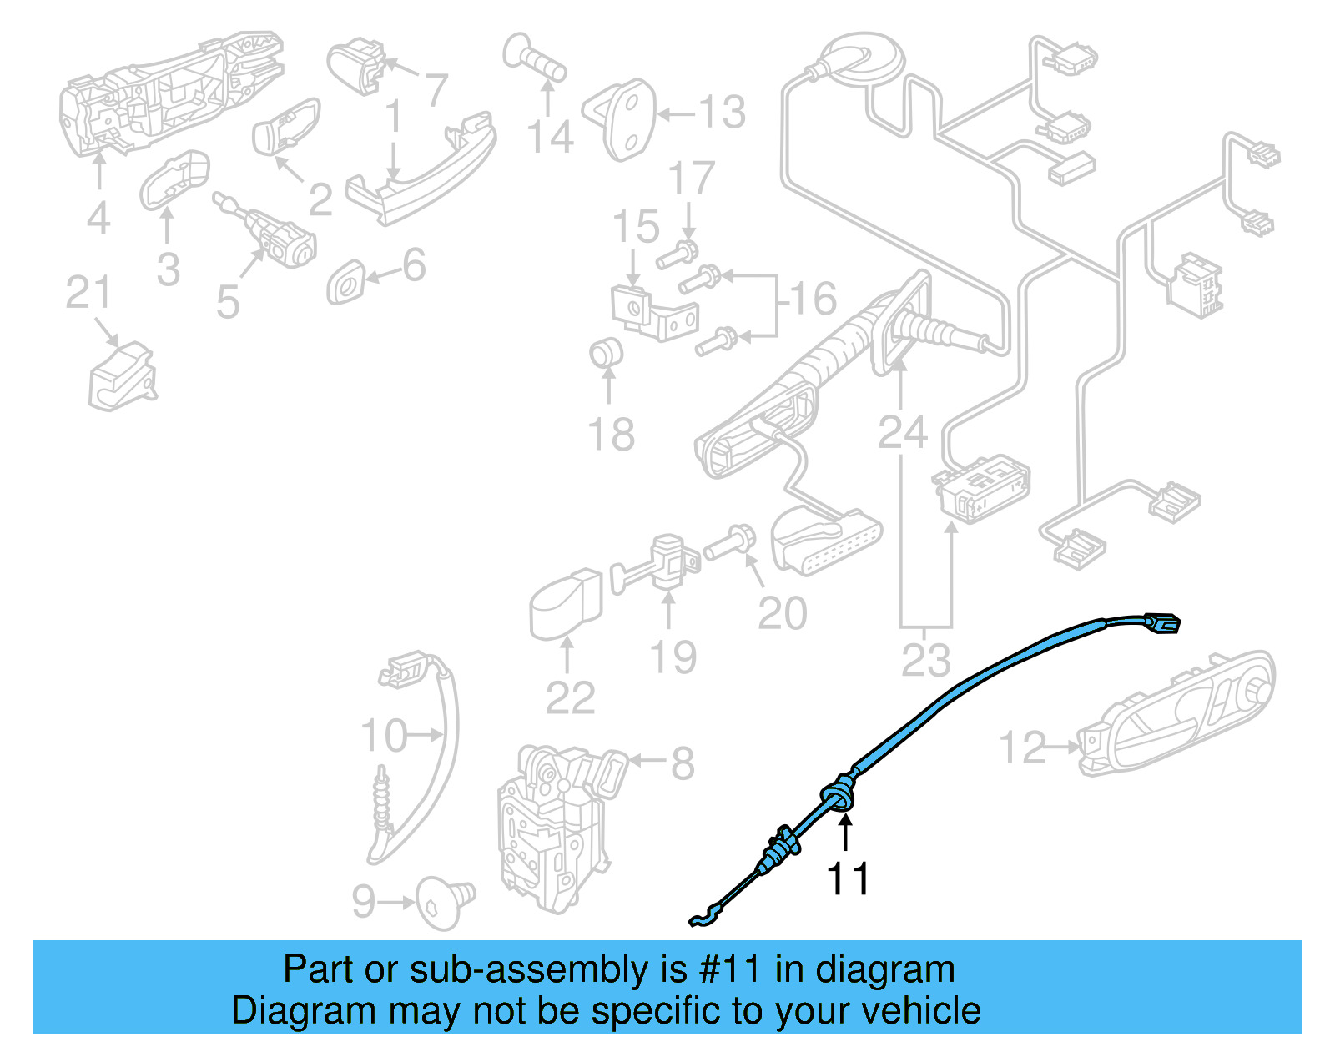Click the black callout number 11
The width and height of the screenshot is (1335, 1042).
[x=848, y=878]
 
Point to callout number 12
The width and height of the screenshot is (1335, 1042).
[x=1022, y=748]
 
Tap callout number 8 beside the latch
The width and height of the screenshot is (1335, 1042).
[x=683, y=763]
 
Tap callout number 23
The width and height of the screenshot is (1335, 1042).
[x=925, y=661]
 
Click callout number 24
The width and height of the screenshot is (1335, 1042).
[x=902, y=432]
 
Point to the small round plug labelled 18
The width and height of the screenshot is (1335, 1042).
[x=607, y=352]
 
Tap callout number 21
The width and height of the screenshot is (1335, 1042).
[x=88, y=294]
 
